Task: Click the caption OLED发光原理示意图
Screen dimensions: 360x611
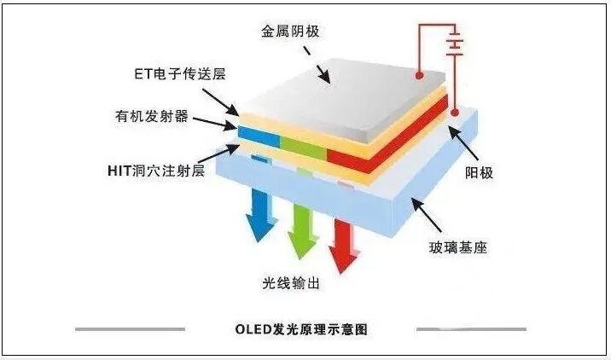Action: click(x=300, y=328)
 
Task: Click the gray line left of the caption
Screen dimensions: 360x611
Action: click(x=130, y=328)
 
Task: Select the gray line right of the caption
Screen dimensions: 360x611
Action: click(x=470, y=328)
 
